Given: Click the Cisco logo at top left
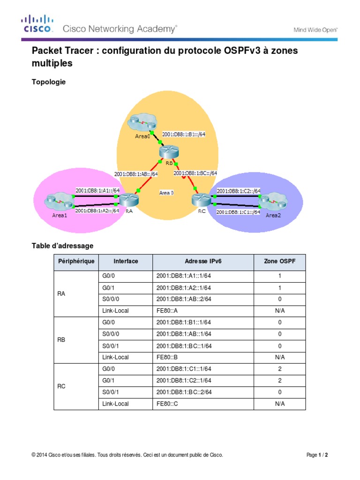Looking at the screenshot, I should tap(37, 24).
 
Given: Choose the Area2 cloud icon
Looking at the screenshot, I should tap(272, 202).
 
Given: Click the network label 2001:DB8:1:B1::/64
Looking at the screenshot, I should tap(184, 134).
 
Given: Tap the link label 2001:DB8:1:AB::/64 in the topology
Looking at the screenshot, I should tap(136, 174).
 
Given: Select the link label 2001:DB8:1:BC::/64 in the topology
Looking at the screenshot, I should tap(195, 173).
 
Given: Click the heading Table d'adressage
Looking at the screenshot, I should tap(62, 246).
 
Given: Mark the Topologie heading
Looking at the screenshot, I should tap(49, 82).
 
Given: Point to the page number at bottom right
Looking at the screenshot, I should tap(317, 455).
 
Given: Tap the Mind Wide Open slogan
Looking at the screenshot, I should tap(315, 30).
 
